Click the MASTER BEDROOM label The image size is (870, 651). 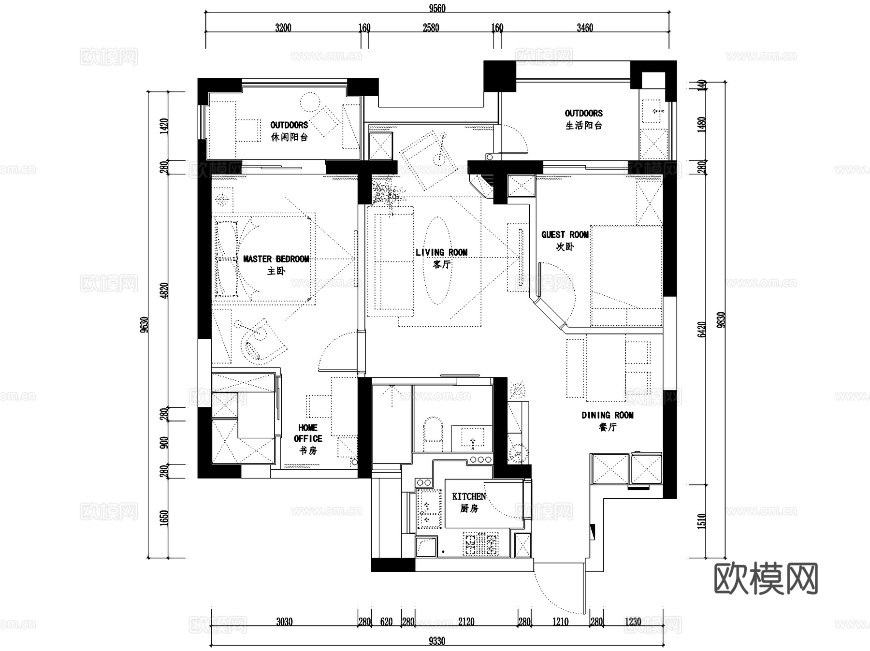[x=276, y=259]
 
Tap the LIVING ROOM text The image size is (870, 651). [x=441, y=252]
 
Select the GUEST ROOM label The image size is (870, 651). [x=565, y=234]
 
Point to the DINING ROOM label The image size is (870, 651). [x=608, y=415]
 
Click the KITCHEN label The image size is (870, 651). [x=469, y=496]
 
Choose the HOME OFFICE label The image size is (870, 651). [x=308, y=433]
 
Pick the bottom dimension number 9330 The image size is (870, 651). [x=437, y=641]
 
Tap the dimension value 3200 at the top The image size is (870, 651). [x=283, y=28]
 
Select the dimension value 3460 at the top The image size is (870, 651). [x=585, y=28]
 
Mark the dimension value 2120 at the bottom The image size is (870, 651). [x=466, y=622]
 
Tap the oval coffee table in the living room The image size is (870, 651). [x=438, y=260]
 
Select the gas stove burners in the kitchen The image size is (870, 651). [x=481, y=544]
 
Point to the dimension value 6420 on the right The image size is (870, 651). [x=702, y=330]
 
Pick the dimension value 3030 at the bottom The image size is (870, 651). [x=284, y=622]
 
